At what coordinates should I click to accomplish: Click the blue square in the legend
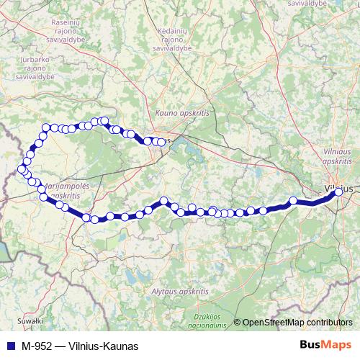9,346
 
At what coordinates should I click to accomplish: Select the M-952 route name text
36,346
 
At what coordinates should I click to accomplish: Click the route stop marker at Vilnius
338,192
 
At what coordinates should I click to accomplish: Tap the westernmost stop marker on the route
21,169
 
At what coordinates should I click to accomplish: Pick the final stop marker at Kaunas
161,142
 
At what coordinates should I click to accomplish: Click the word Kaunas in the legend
118,346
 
